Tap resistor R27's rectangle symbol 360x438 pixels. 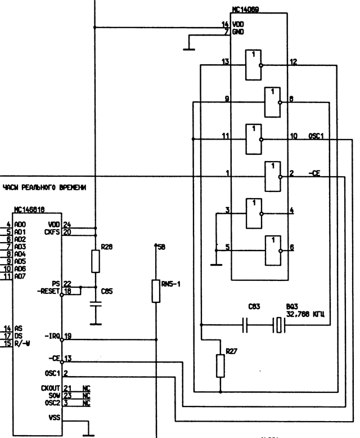click(220, 367)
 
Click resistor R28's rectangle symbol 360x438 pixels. click(96, 261)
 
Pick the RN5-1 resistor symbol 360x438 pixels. click(155, 290)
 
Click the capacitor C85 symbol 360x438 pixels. click(96, 304)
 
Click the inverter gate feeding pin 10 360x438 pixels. click(253, 137)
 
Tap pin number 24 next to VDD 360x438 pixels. click(66, 225)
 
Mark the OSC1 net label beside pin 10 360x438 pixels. click(316, 137)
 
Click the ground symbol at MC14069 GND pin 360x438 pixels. click(189, 48)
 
